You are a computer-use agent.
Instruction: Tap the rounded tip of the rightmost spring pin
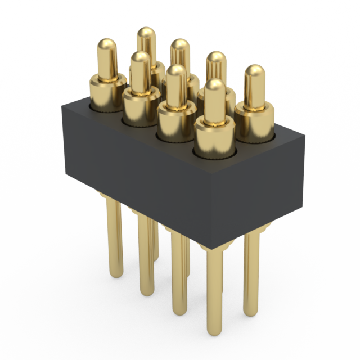(255, 72)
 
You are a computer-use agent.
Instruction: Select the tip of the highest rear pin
(146, 33)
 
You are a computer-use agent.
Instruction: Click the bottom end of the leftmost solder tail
(115, 274)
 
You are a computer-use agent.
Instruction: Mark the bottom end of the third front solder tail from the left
(179, 311)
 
